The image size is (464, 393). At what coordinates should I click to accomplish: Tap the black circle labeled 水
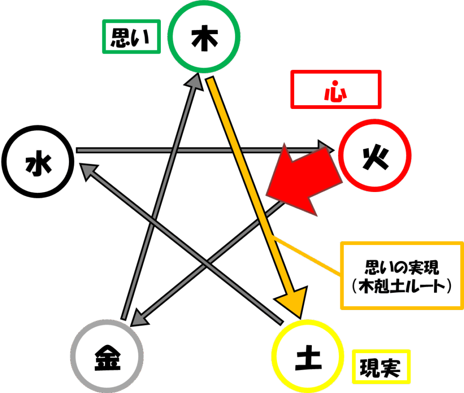coord(38,128)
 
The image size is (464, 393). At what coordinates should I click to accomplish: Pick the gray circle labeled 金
coord(107,322)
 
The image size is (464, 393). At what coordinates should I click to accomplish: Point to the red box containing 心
coord(336,72)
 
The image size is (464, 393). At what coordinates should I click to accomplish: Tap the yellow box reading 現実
coord(381,351)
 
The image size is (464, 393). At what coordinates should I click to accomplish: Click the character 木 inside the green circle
coord(204,38)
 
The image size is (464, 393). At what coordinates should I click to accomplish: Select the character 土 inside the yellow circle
coord(308,358)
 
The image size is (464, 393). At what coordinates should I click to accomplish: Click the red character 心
coord(336,91)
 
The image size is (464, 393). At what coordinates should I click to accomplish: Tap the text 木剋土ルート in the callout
coord(402,286)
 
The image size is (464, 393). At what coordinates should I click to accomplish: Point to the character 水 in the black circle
coord(39,163)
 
